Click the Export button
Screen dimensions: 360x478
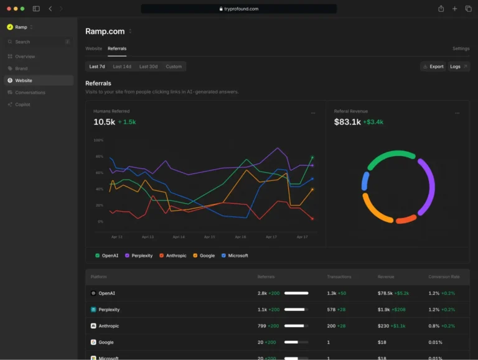[x=433, y=67]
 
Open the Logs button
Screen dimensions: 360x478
[x=458, y=67]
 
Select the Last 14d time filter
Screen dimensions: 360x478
[x=122, y=67]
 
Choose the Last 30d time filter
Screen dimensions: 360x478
[x=148, y=67]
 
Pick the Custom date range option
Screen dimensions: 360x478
[x=174, y=67]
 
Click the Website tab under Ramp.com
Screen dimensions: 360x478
[x=93, y=48]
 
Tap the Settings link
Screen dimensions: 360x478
[x=461, y=48]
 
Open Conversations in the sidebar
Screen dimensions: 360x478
[x=30, y=93]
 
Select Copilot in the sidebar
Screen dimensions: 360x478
[x=23, y=104]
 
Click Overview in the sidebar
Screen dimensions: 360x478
[x=25, y=57]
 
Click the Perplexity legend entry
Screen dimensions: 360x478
[x=139, y=256]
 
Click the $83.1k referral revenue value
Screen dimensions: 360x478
[x=347, y=122]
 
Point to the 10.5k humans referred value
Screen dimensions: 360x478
[x=104, y=122]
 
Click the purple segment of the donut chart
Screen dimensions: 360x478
[x=426, y=187]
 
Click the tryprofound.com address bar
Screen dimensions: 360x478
[x=239, y=9]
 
